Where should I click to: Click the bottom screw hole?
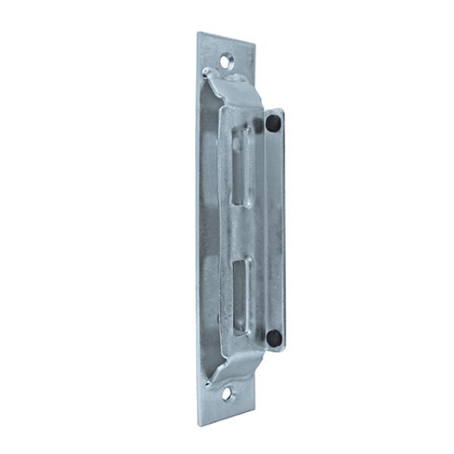pyautogui.click(x=227, y=393)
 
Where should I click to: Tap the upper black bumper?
pyautogui.click(x=272, y=123)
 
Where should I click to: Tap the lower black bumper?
pyautogui.click(x=274, y=337)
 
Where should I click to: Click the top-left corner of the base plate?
pyautogui.click(x=198, y=33)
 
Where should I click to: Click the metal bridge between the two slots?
pyautogui.click(x=241, y=232)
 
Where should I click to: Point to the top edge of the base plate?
pyautogui.click(x=226, y=38)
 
